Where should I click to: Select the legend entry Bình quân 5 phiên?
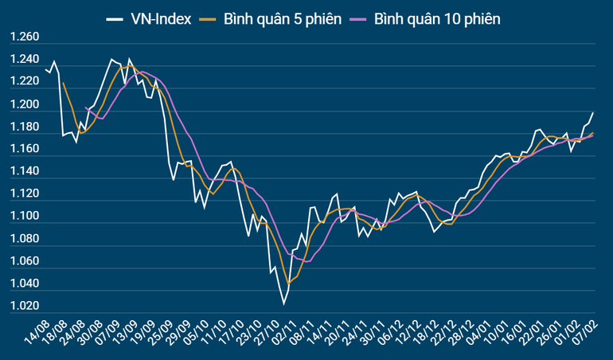tap(283, 18)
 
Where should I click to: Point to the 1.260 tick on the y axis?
tap(24, 37)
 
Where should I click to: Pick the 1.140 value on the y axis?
tap(24, 172)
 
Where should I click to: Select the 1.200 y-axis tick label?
tap(24, 105)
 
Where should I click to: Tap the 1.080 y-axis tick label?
tap(24, 239)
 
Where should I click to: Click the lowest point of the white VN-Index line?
tap(283, 303)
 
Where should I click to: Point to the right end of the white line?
tap(593, 113)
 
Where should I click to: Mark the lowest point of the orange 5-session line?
tap(288, 283)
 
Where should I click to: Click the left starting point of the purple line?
tap(86, 108)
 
